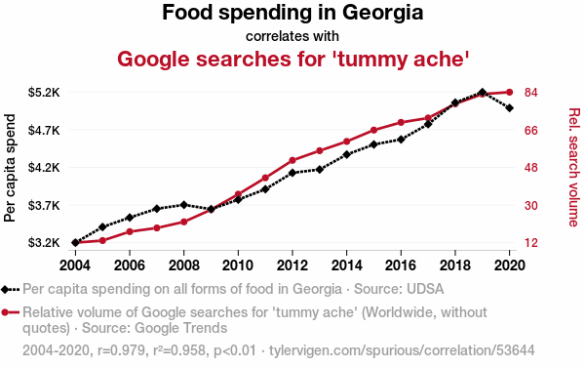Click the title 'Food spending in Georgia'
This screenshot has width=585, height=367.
click(x=292, y=13)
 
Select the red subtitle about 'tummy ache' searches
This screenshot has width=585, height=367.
click(x=292, y=59)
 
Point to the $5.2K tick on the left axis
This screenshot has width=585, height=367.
click(x=44, y=92)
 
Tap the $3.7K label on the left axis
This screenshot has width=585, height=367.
click(x=44, y=205)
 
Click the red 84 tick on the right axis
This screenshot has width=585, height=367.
click(x=531, y=92)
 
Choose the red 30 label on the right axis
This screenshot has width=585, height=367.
click(x=531, y=205)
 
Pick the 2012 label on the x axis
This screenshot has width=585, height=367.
click(x=292, y=265)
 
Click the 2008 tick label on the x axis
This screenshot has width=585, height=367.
click(x=183, y=265)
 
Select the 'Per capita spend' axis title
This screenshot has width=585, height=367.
click(x=10, y=168)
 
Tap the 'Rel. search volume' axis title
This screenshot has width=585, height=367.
click(x=574, y=167)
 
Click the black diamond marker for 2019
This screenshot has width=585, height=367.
click(x=482, y=92)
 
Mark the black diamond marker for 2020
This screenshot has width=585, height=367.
click(x=509, y=108)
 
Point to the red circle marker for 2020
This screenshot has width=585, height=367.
click(x=509, y=92)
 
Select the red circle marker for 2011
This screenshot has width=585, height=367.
click(x=265, y=178)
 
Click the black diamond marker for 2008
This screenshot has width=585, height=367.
click(x=183, y=205)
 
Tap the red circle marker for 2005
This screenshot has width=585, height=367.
click(x=102, y=240)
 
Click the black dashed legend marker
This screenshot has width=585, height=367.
click(x=10, y=289)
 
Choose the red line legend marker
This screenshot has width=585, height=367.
click(x=10, y=312)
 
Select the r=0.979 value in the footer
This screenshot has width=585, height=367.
click(x=121, y=350)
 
